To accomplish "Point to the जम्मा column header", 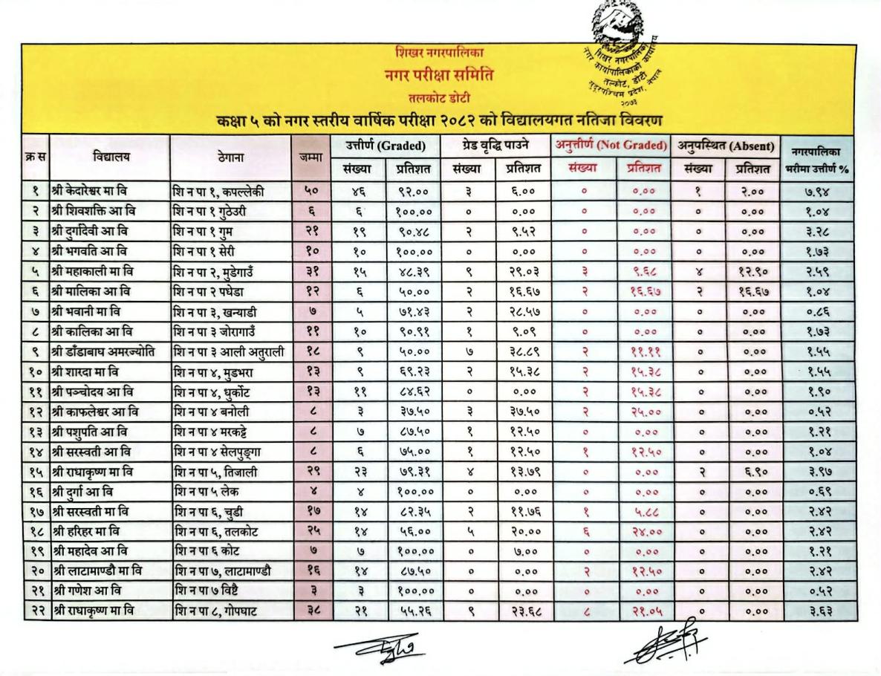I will tap(310, 157).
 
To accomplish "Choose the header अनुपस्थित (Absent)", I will tap(725, 146).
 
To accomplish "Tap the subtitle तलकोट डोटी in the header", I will tap(439, 97).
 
